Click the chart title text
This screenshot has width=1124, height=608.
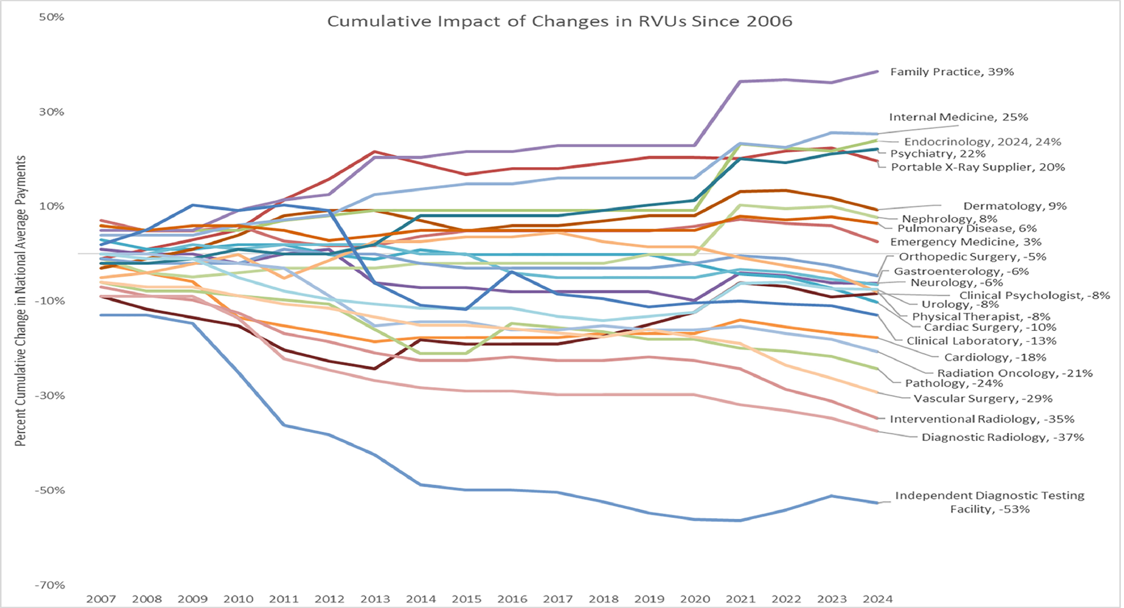pyautogui.click(x=559, y=21)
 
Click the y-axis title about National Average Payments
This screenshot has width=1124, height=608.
pyautogui.click(x=20, y=301)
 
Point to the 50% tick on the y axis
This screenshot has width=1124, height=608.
pyautogui.click(x=52, y=17)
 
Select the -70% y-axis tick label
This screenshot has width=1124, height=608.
pyautogui.click(x=51, y=585)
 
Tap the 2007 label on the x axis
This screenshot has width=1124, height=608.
pyautogui.click(x=101, y=599)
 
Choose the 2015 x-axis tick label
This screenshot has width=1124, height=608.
pyautogui.click(x=466, y=599)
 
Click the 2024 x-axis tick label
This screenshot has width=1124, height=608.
pyautogui.click(x=878, y=599)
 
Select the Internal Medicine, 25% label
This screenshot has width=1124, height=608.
pyautogui.click(x=958, y=117)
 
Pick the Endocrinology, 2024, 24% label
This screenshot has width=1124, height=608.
pyautogui.click(x=982, y=142)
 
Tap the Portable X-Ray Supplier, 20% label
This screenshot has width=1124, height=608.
pyautogui.click(x=977, y=167)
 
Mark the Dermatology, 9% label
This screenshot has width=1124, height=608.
pyautogui.click(x=1014, y=206)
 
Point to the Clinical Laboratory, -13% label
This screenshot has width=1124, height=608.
pyautogui.click(x=981, y=341)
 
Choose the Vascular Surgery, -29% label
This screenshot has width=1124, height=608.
pyautogui.click(x=983, y=399)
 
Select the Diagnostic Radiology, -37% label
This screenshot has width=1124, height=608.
pyautogui.click(x=1002, y=437)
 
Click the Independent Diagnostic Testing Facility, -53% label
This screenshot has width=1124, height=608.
pyautogui.click(x=989, y=502)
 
